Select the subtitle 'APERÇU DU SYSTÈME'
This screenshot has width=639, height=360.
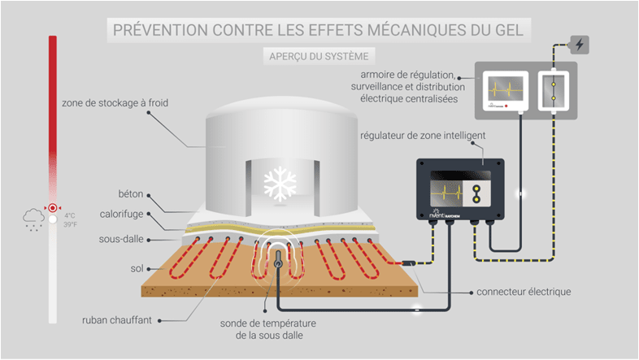tap(319, 56)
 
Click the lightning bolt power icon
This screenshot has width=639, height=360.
tap(580, 44)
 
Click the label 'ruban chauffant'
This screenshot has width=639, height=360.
tap(118, 320)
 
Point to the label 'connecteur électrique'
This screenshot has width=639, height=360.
tap(546, 291)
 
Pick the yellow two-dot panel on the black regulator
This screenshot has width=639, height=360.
tap(477, 193)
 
